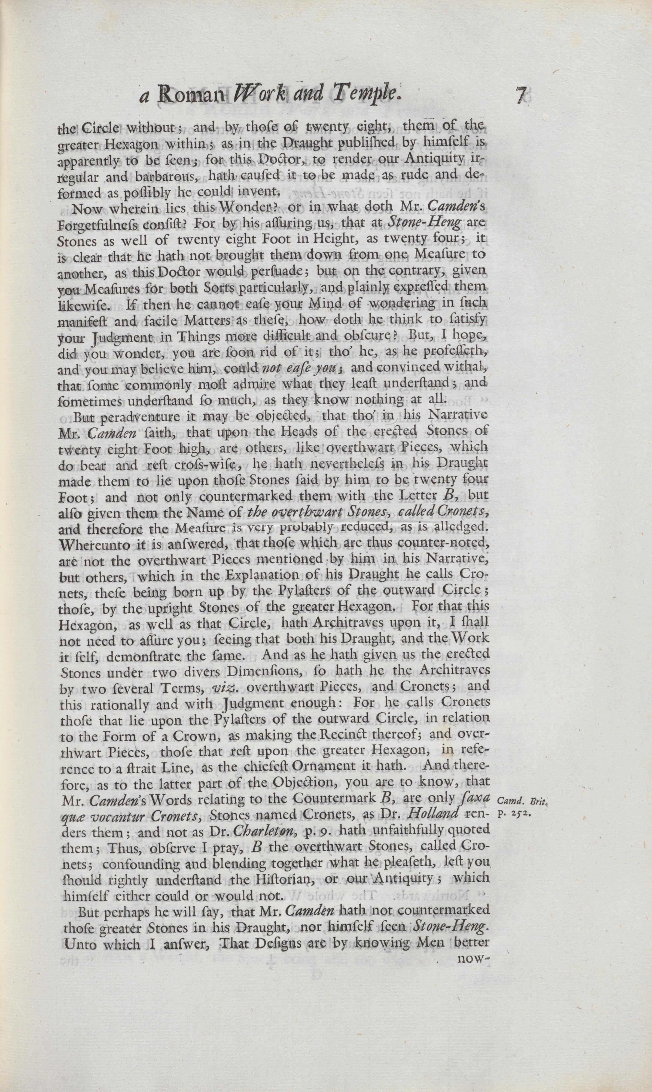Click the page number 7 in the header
pos(522,95)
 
